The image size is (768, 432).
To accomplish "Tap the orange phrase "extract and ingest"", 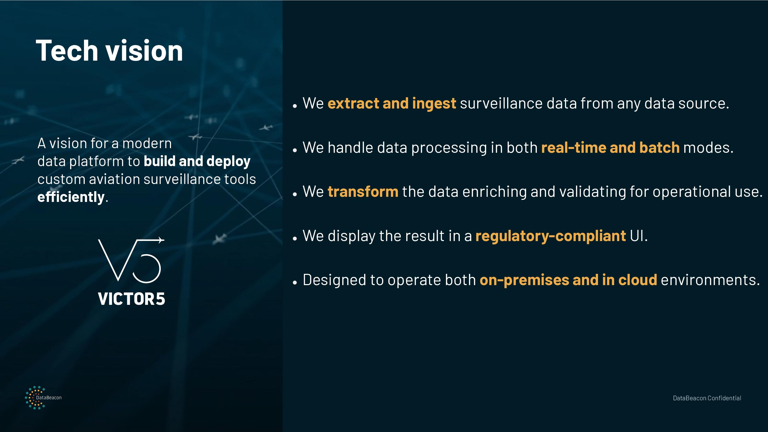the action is [x=392, y=103].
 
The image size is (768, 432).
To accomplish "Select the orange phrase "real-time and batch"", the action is [x=610, y=148].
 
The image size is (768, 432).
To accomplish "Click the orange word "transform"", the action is [x=363, y=191].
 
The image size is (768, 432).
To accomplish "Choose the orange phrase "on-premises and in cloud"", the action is [x=568, y=280].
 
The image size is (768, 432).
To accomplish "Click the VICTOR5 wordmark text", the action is [x=132, y=299].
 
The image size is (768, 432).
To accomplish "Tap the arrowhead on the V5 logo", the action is [x=161, y=240].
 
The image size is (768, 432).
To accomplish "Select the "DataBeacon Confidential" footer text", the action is [x=707, y=398].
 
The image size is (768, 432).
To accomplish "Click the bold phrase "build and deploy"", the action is [x=197, y=161].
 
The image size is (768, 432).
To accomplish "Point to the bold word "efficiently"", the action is [x=71, y=197].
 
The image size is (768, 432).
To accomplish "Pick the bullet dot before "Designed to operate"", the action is [x=295, y=282].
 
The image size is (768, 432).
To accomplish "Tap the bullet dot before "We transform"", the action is [x=295, y=194].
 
